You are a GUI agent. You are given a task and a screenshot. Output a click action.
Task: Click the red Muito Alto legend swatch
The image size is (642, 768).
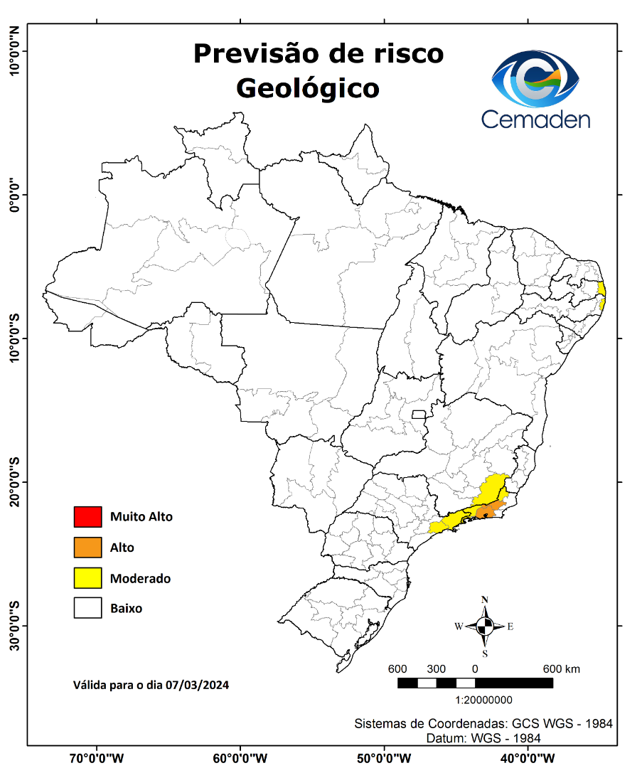coord(87,517)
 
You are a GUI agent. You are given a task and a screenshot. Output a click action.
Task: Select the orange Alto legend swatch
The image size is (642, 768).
coord(87,548)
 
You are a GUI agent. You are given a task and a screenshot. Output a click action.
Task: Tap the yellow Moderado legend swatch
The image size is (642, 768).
coord(87,578)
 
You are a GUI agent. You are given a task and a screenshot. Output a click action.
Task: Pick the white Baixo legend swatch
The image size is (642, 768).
coord(87,609)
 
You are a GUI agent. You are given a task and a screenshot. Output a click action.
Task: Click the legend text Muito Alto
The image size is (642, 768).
coord(141,517)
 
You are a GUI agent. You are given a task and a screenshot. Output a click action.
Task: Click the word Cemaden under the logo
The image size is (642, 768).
coord(535,119)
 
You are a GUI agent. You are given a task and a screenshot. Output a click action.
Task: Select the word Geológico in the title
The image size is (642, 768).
coord(307,88)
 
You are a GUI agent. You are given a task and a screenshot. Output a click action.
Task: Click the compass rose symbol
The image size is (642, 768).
coord(485,626)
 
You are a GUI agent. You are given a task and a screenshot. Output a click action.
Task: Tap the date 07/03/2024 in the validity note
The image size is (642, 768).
coord(197,686)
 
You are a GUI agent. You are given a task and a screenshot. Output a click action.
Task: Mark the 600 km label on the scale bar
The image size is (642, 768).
coord(562,669)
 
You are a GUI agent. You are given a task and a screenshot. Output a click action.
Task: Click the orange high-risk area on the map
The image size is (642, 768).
coord(489,510)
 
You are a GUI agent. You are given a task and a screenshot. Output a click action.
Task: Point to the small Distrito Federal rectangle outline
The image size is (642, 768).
coord(419,415)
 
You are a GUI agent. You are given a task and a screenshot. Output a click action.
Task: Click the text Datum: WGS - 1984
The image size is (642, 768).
coord(483,738)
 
